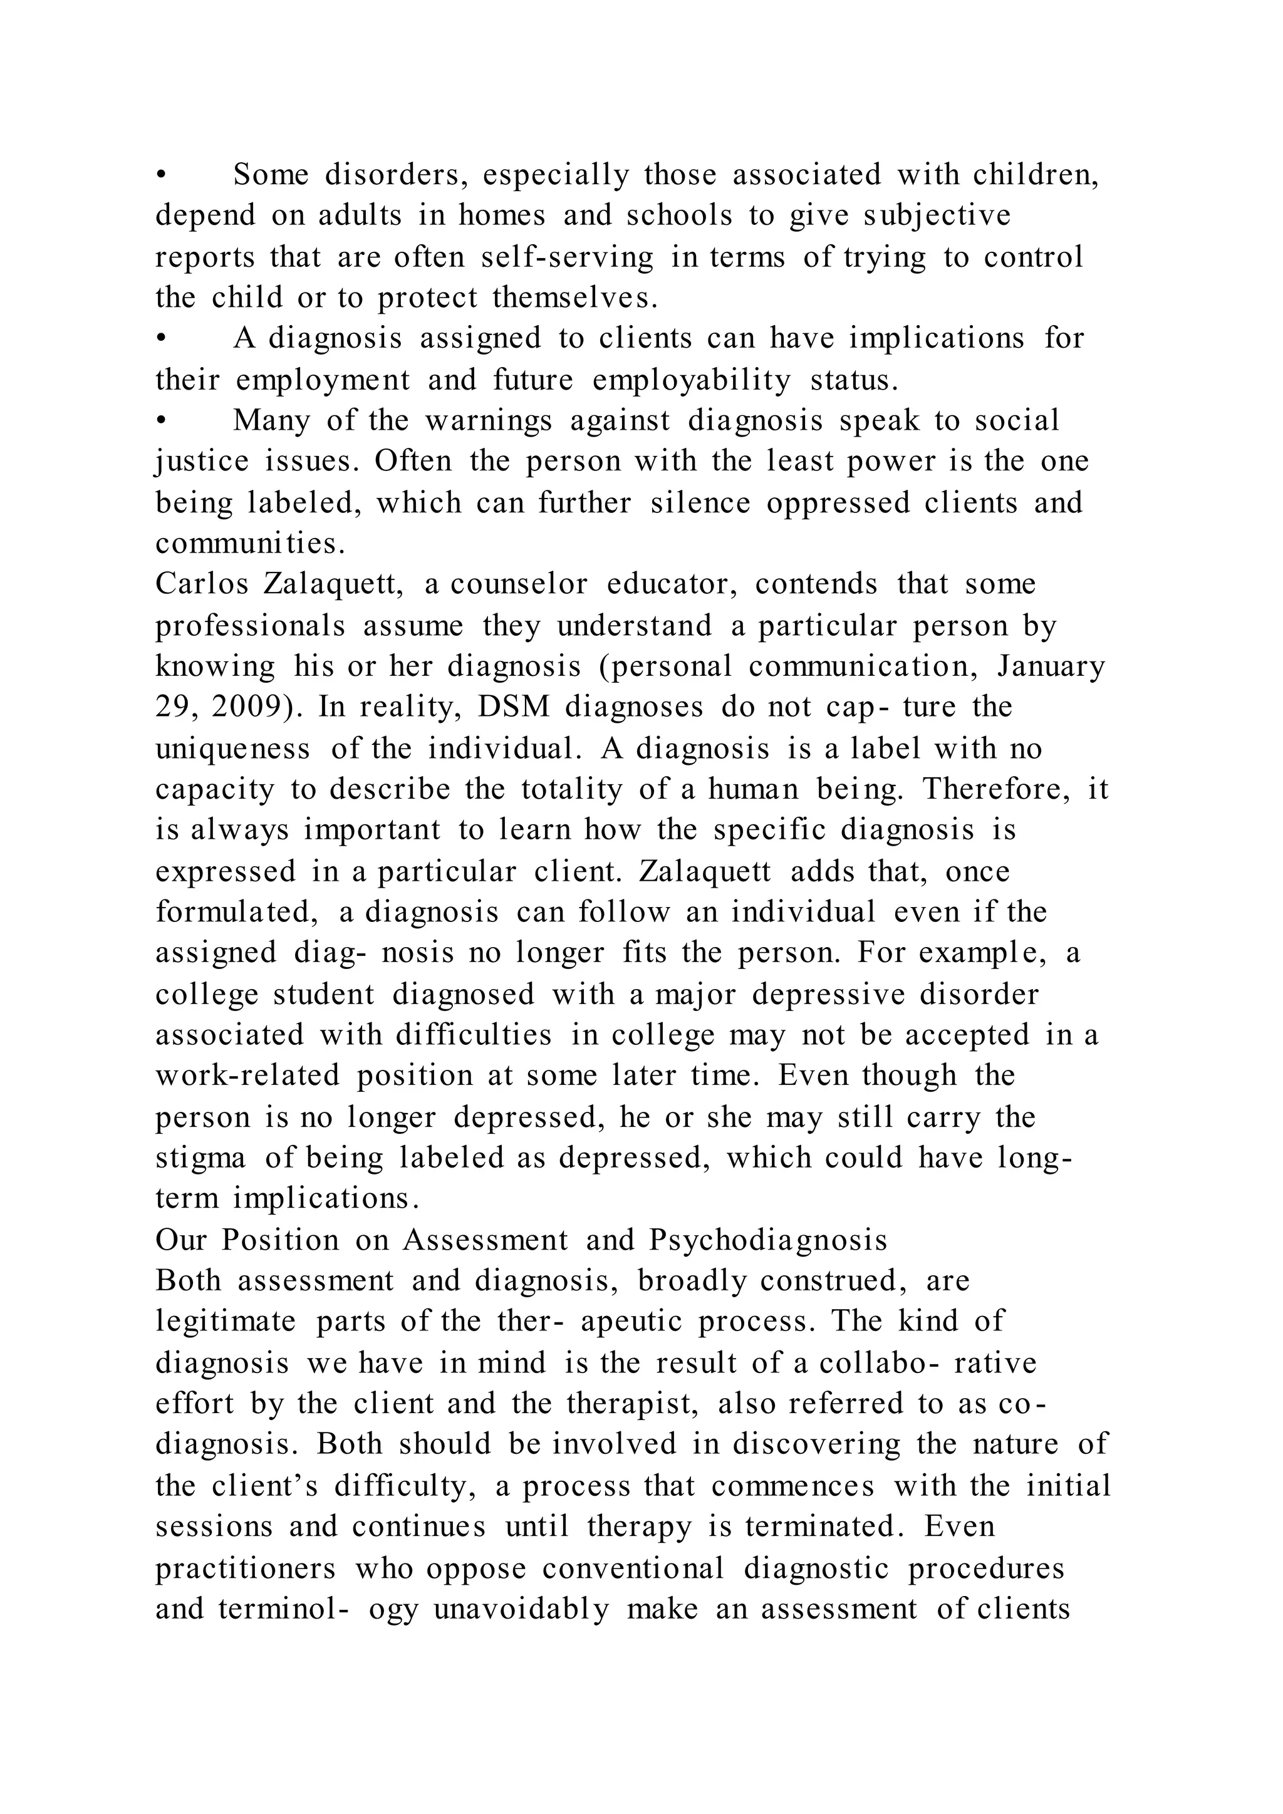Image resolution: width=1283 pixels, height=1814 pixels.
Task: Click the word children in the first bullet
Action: click(1034, 175)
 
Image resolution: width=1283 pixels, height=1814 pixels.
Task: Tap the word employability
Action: click(691, 380)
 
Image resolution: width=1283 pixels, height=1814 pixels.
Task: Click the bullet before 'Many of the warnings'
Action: click(160, 421)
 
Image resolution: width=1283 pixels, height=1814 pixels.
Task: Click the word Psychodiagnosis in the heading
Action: click(769, 1240)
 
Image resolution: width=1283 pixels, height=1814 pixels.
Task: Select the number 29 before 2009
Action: click(170, 707)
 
